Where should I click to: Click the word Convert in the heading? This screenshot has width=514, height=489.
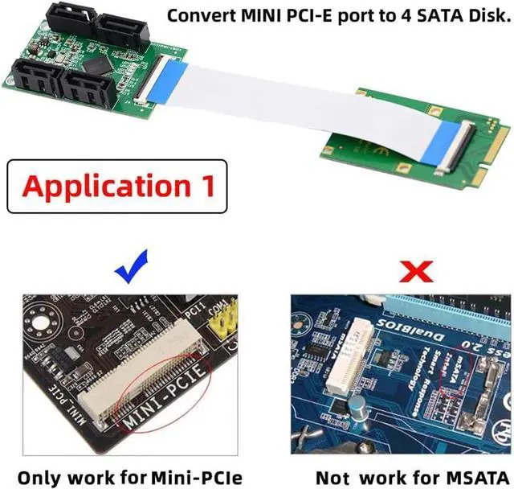click(202, 14)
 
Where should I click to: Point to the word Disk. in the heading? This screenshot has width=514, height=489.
click(480, 14)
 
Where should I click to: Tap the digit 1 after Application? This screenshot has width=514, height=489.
click(205, 186)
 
